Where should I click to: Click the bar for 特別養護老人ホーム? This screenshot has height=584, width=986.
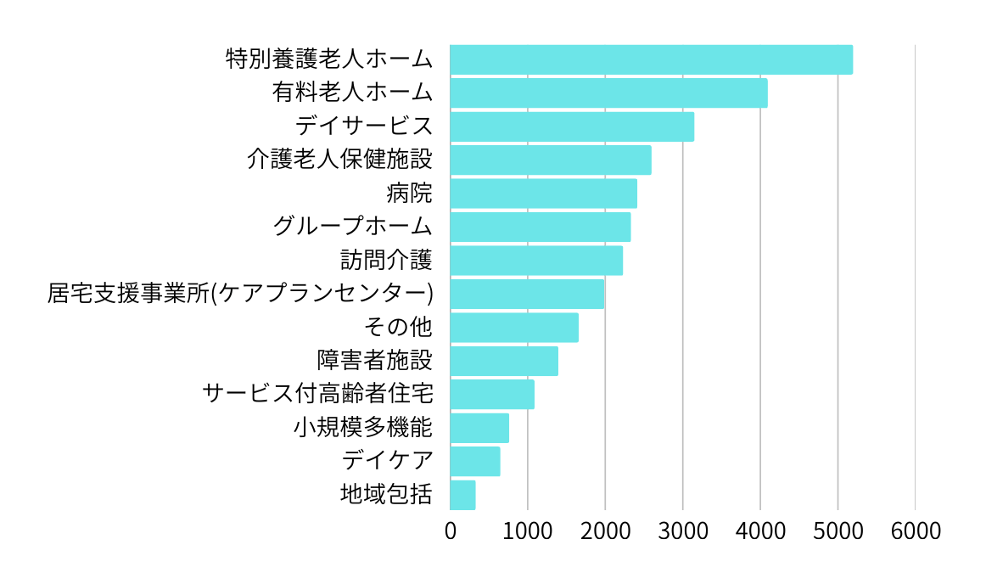[651, 59]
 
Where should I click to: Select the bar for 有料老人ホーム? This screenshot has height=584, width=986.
[608, 93]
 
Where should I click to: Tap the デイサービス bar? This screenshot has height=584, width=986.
[572, 126]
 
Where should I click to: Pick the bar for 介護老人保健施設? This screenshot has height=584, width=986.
[551, 160]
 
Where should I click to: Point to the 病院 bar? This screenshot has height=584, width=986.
[543, 194]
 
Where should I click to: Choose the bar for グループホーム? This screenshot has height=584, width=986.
[540, 227]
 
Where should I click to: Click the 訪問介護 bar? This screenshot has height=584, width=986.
[536, 261]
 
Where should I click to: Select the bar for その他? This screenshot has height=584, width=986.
[514, 328]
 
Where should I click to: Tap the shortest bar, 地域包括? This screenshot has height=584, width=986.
[462, 495]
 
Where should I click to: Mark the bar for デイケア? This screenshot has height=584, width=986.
[475, 462]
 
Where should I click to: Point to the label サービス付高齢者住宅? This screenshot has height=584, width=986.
[318, 394]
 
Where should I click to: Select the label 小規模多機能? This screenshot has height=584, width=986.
[363, 427]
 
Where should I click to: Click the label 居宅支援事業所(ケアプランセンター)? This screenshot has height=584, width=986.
[240, 294]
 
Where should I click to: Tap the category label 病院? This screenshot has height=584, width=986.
[409, 194]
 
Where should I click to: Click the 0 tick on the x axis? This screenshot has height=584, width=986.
[451, 531]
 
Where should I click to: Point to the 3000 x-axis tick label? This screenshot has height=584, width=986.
[683, 531]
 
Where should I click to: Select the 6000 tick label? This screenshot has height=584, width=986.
[915, 531]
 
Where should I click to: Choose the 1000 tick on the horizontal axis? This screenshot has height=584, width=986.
[528, 531]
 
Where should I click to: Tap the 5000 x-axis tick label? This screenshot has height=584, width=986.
[838, 531]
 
